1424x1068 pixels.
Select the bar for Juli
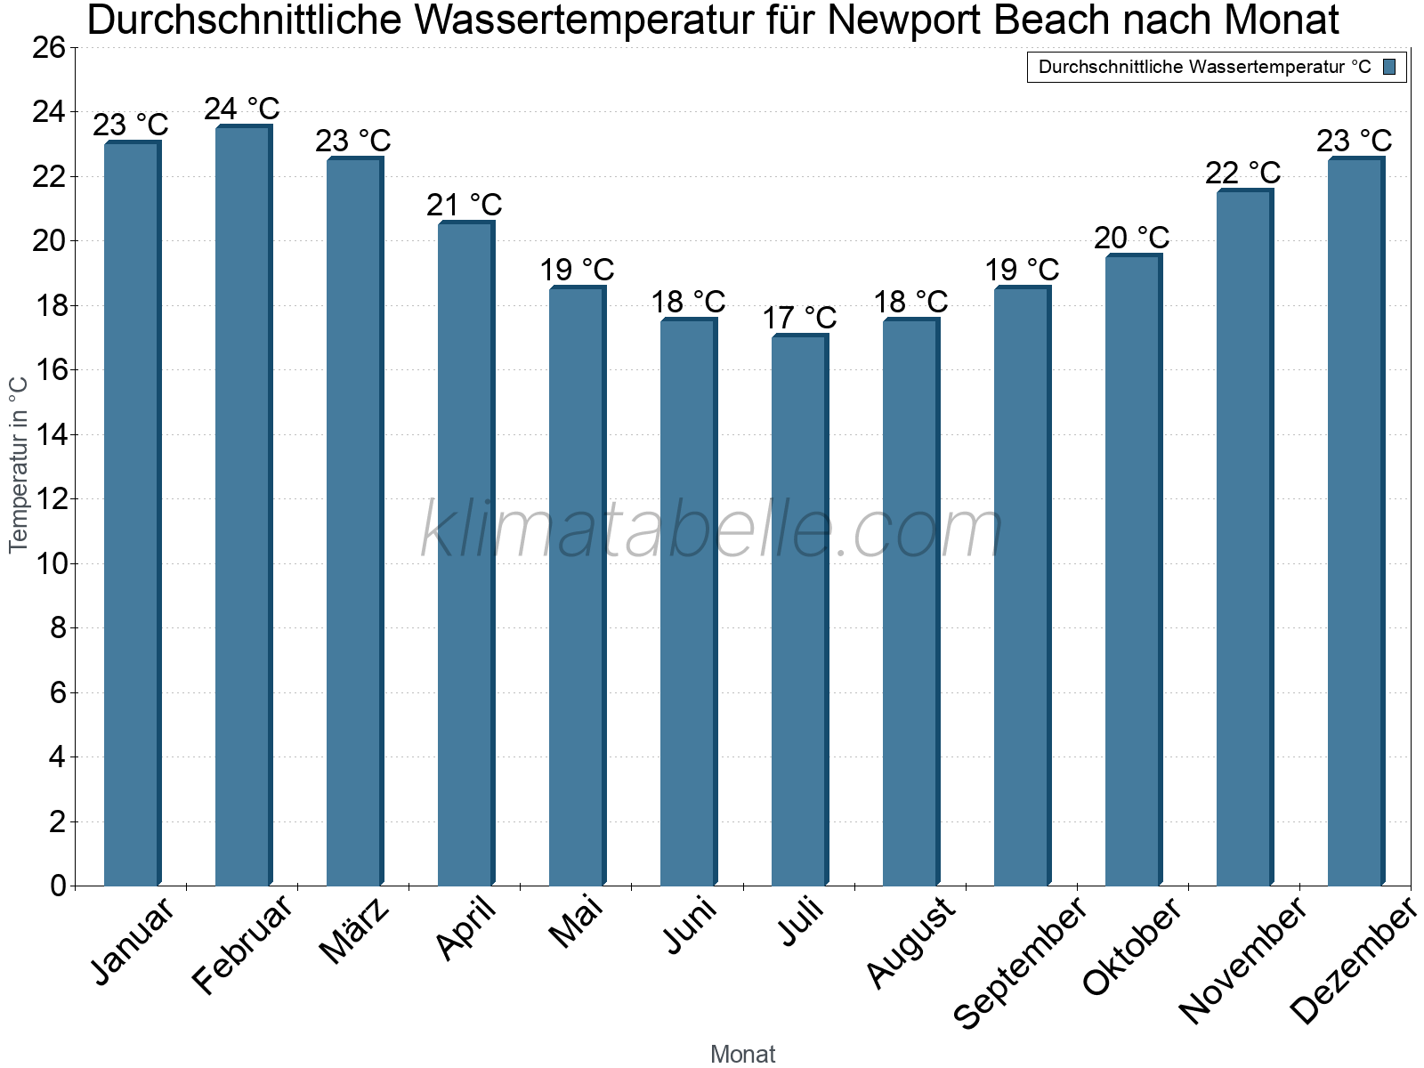tap(799, 611)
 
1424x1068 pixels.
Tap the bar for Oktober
tap(1133, 570)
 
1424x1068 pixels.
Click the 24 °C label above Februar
tap(242, 109)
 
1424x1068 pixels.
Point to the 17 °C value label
tap(799, 318)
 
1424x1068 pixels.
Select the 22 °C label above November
tap(1243, 173)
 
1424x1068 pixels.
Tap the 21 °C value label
tap(465, 206)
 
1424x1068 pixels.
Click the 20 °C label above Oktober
tap(1132, 238)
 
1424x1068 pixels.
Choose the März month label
tap(355, 931)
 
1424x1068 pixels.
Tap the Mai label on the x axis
tap(577, 922)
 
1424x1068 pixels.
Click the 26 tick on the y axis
tap(49, 48)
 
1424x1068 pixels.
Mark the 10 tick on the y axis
tap(49, 564)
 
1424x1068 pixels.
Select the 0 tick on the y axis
tap(58, 886)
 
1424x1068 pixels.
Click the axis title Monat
tap(742, 1055)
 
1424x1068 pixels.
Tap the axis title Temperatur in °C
tap(19, 464)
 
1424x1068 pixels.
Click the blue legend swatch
tap(1389, 67)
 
